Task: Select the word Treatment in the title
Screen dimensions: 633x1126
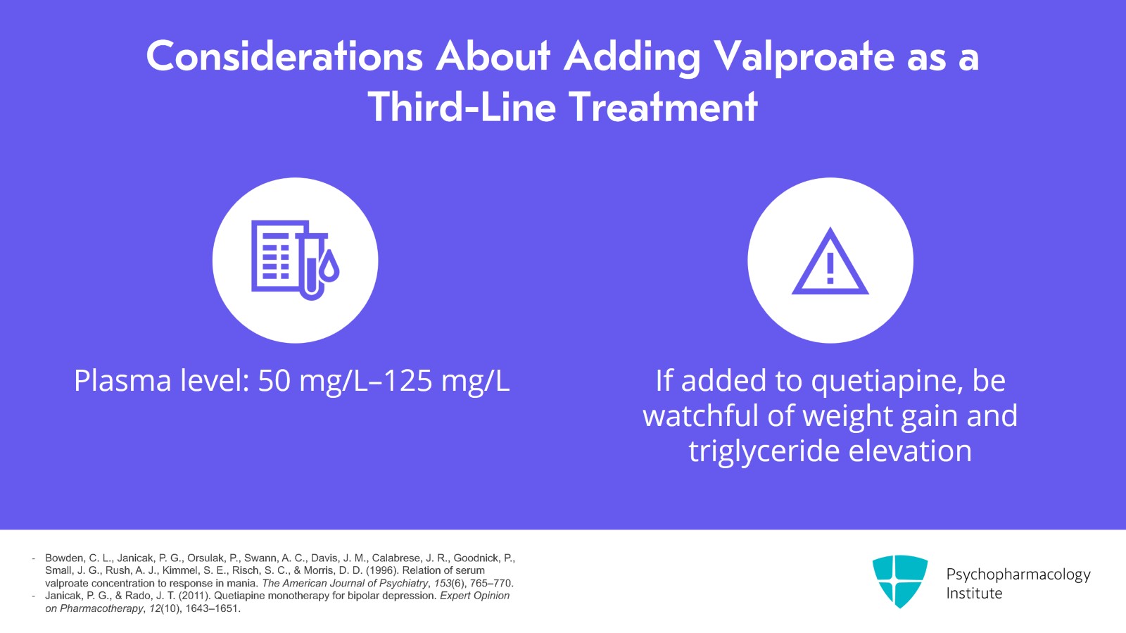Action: (663, 107)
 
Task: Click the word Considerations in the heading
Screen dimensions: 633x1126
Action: (284, 56)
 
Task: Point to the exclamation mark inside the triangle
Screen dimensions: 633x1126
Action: (830, 268)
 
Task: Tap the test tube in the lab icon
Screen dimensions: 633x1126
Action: (311, 264)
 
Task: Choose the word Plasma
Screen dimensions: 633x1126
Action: (122, 381)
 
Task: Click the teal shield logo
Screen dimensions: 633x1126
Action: (899, 581)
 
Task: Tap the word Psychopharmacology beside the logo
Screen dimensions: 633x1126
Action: (1018, 575)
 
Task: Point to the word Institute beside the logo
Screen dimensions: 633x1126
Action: (974, 594)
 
